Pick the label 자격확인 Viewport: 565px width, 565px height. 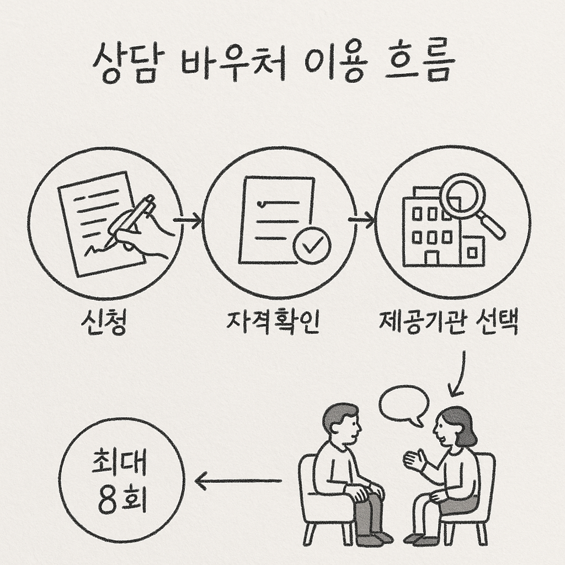point(273,323)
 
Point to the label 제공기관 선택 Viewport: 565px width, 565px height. point(449,323)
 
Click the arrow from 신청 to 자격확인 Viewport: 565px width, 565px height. point(188,221)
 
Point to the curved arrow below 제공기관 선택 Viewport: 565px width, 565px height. point(458,375)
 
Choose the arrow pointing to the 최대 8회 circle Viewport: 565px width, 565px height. point(237,482)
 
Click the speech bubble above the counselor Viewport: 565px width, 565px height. point(404,403)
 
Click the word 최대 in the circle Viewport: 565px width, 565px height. point(119,465)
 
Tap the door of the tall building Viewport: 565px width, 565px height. point(431,257)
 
